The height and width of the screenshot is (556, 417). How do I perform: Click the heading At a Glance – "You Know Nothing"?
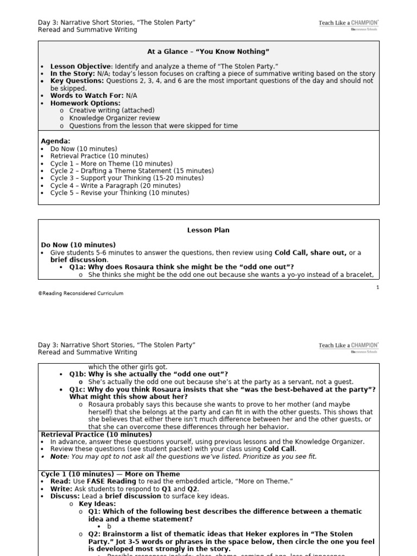click(208, 52)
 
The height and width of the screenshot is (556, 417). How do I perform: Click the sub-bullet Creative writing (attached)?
click(111, 111)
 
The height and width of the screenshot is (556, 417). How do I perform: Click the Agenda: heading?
click(55, 141)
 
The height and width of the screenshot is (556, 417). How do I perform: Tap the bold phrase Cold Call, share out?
click(310, 253)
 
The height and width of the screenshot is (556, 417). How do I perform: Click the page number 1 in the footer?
click(377, 287)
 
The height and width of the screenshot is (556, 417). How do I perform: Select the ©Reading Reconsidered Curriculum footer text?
click(80, 294)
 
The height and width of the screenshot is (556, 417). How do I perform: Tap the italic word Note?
click(59, 457)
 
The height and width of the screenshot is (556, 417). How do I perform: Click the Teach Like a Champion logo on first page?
click(349, 25)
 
